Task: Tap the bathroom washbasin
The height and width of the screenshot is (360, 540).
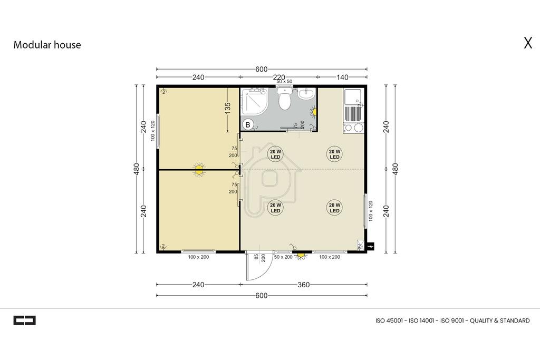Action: tap(305, 94)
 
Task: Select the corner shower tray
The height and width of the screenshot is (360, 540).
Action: tap(255, 101)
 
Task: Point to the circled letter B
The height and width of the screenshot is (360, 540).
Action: tap(248, 124)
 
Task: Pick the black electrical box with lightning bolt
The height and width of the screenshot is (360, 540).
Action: tap(371, 247)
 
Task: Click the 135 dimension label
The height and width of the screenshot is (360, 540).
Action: tap(227, 108)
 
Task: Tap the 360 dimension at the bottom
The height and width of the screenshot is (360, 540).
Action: tap(303, 285)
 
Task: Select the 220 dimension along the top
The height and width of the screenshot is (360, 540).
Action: tap(279, 77)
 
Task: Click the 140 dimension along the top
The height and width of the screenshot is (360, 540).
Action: tap(342, 77)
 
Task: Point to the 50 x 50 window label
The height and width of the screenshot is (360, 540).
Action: tap(284, 82)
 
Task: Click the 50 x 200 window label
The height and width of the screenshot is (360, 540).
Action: tap(283, 257)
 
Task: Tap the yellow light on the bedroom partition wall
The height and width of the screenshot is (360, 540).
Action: tap(199, 169)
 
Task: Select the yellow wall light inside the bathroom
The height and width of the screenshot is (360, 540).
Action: tap(314, 112)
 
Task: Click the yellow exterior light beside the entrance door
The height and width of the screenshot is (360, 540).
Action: tap(301, 255)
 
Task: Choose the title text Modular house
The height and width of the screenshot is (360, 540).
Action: tap(47, 45)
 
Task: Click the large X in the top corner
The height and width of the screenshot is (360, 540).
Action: tap(528, 43)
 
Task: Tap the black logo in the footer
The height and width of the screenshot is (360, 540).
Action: tap(24, 320)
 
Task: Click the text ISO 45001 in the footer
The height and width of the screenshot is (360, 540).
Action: tap(389, 321)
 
